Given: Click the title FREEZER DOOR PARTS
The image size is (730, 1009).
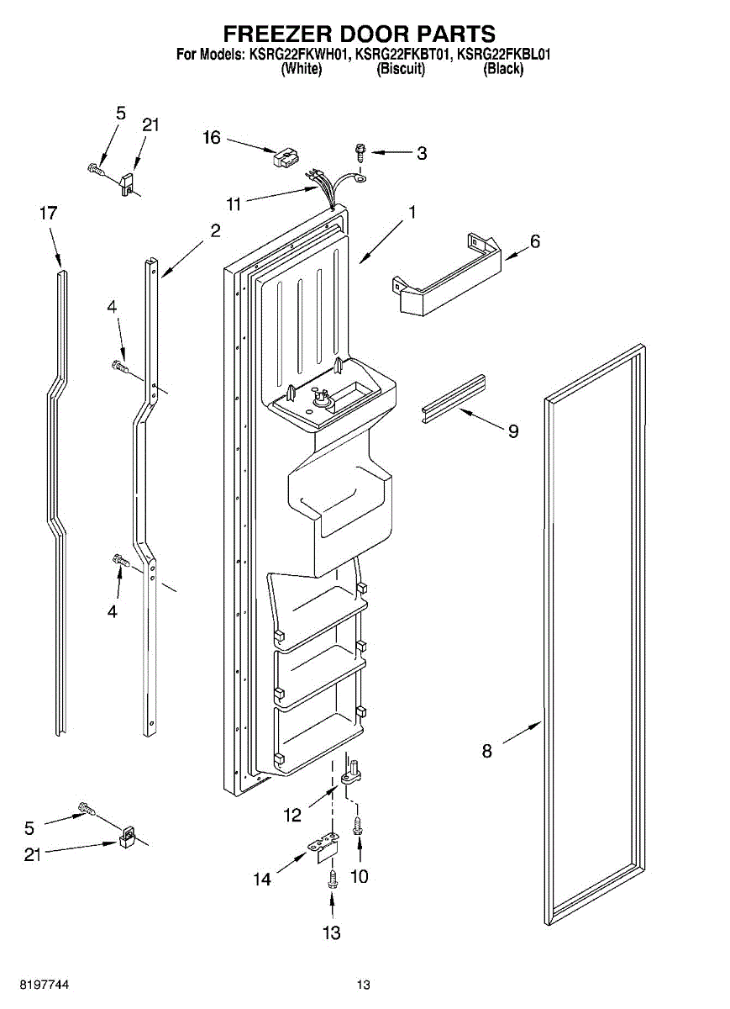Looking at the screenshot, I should pyautogui.click(x=359, y=34).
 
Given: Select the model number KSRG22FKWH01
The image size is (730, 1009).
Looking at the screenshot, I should pyautogui.click(x=297, y=55).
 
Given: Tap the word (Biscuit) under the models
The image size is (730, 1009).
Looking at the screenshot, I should pyautogui.click(x=401, y=70).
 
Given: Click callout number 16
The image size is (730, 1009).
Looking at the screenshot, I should pyautogui.click(x=211, y=137).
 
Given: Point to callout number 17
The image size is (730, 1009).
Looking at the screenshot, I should pyautogui.click(x=49, y=213).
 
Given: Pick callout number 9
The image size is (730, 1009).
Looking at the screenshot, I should pyautogui.click(x=512, y=431).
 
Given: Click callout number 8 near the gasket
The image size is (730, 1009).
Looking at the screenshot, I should pyautogui.click(x=487, y=751).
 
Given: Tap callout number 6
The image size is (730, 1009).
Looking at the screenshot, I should pyautogui.click(x=534, y=242).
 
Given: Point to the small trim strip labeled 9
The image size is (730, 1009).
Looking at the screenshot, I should pyautogui.click(x=454, y=395).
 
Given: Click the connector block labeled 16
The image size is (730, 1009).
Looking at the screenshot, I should pyautogui.click(x=286, y=158).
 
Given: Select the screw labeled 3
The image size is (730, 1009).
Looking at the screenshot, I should pyautogui.click(x=360, y=153).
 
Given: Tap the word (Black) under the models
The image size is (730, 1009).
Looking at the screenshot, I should pyautogui.click(x=503, y=70).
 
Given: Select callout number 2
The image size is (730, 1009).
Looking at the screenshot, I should pyautogui.click(x=216, y=230).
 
